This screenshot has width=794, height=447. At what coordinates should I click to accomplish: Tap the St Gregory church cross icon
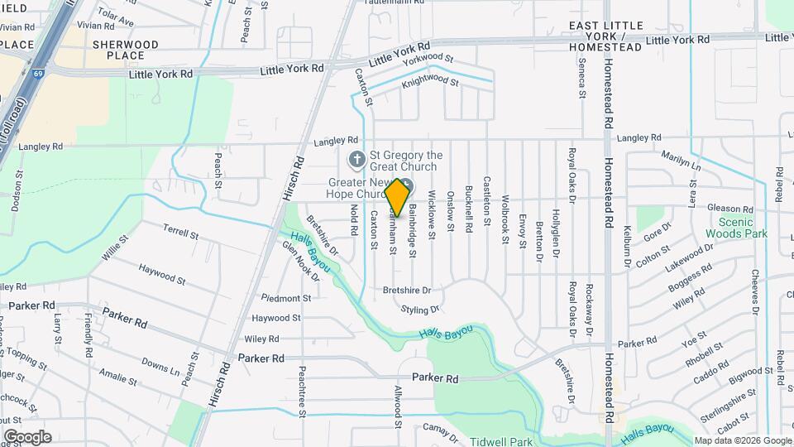click(356, 160)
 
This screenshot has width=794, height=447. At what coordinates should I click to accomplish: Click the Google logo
click(27, 437)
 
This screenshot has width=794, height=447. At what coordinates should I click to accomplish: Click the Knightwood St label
click(429, 82)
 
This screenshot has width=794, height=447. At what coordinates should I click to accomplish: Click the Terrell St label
click(181, 235)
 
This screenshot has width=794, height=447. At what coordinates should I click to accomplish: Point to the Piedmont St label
click(286, 298)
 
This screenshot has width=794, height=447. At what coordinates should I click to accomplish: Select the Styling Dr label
click(419, 310)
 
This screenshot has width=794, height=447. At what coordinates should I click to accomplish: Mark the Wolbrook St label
click(505, 220)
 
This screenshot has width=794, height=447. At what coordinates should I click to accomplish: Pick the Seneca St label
click(581, 84)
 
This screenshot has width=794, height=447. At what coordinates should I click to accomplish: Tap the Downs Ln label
click(160, 364)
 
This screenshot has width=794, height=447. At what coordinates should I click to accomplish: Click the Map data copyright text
click(741, 440)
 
